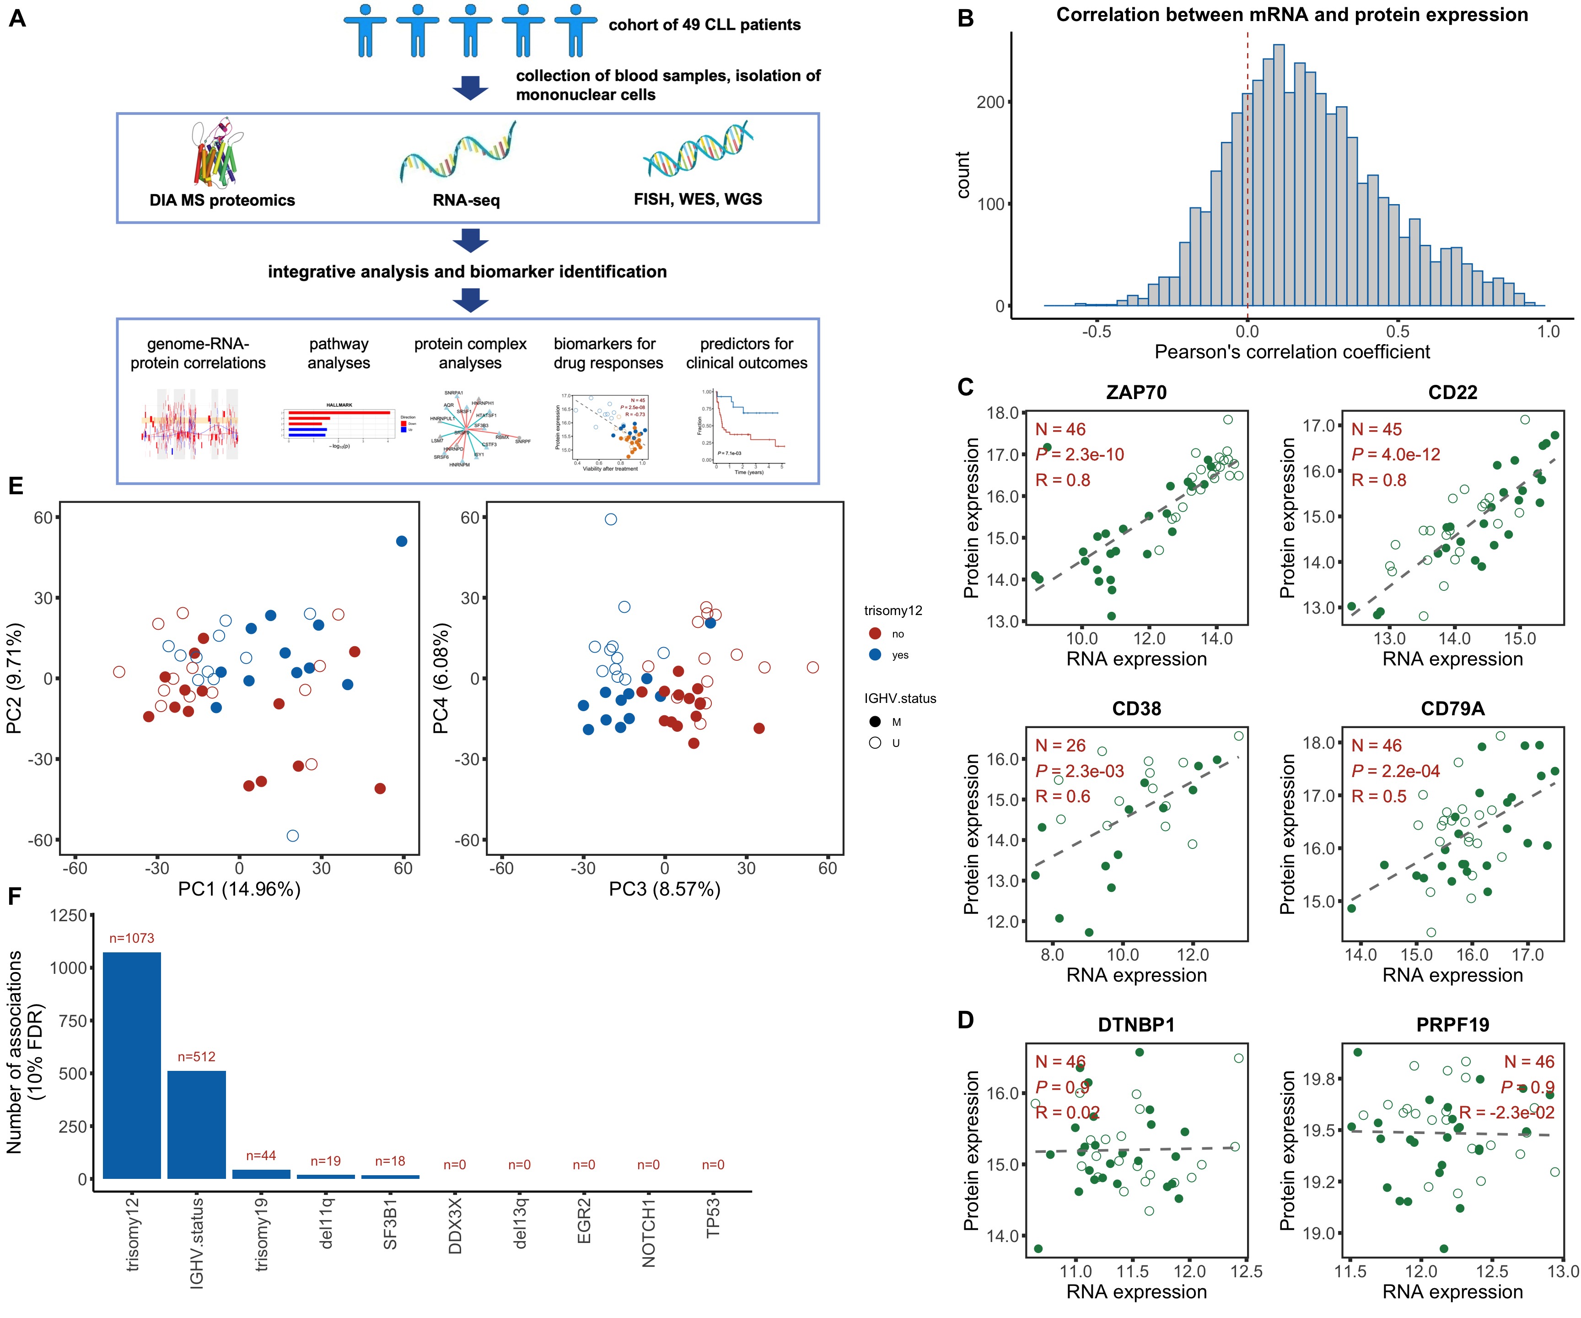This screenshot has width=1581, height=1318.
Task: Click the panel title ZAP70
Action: (x=1136, y=392)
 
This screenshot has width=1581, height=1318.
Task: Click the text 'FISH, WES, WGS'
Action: (x=698, y=200)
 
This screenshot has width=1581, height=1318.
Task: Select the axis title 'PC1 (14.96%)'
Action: (x=239, y=890)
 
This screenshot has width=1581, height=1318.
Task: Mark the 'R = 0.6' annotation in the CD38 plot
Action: (x=1062, y=796)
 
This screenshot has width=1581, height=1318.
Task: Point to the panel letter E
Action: (x=16, y=486)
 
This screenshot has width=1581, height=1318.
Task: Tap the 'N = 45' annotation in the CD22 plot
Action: (x=1376, y=429)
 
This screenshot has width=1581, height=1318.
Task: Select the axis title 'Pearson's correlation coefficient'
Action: (x=1292, y=352)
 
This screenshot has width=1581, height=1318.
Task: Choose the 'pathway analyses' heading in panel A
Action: (x=339, y=353)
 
